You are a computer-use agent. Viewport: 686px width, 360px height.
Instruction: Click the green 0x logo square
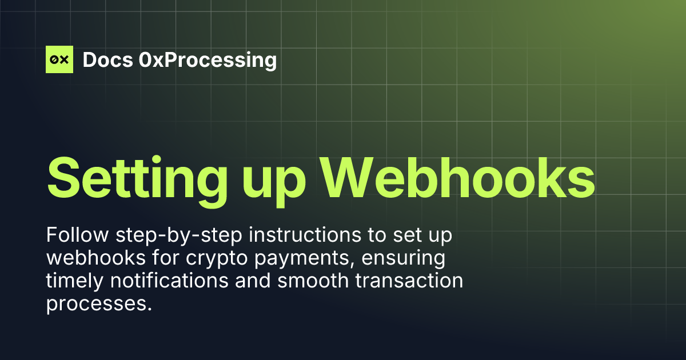click(59, 59)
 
